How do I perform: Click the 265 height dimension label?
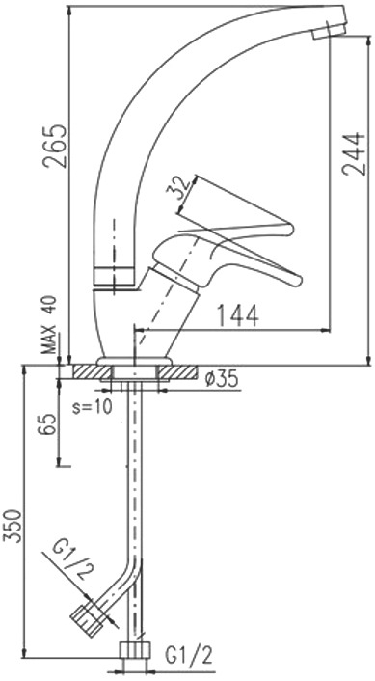pyautogui.click(x=55, y=147)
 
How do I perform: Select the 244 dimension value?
pyautogui.click(x=353, y=153)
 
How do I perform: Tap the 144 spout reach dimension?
pyautogui.click(x=237, y=315)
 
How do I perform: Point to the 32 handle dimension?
pyautogui.click(x=178, y=187)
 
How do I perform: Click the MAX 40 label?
pyautogui.click(x=49, y=325)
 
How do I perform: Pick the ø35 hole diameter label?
pyautogui.click(x=222, y=379)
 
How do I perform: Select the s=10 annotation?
pyautogui.click(x=92, y=407)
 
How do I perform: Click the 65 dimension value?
pyautogui.click(x=47, y=423)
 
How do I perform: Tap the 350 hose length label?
pyautogui.click(x=13, y=526)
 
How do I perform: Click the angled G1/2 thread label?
pyautogui.click(x=74, y=560)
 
